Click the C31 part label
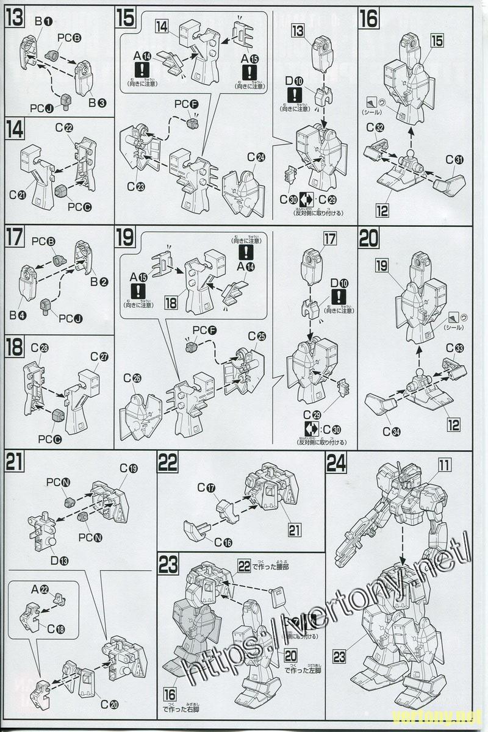pos(454,160)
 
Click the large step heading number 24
pos(339,464)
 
